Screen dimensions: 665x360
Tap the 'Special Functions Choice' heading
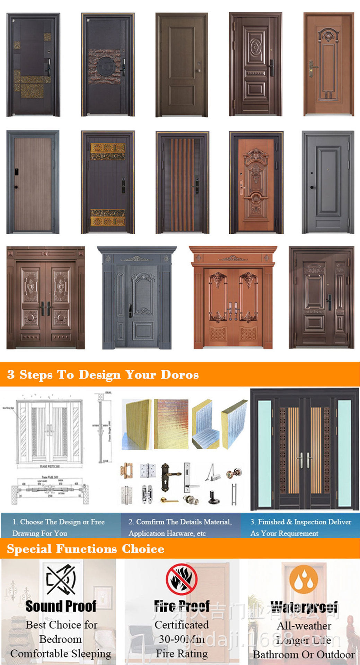point(86,549)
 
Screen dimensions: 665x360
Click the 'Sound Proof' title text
point(61,606)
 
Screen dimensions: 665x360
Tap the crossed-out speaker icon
point(61,579)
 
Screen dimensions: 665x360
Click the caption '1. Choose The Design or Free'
point(59,522)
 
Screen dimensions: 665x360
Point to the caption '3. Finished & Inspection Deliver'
point(301,522)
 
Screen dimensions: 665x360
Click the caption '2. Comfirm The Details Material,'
point(180,522)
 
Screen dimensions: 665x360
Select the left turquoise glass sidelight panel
point(264,454)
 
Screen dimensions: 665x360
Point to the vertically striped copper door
point(182,183)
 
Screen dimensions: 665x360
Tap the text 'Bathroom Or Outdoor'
point(304,655)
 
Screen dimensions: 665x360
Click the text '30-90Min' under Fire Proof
point(182,639)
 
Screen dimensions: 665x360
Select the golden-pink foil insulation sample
point(171,424)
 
